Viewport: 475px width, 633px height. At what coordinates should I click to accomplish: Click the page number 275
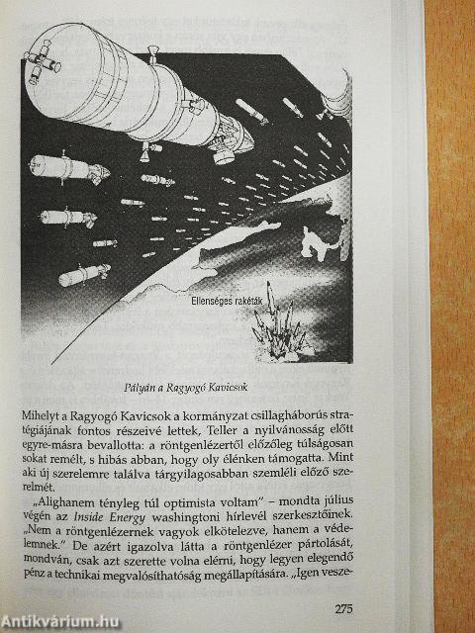(x=343, y=608)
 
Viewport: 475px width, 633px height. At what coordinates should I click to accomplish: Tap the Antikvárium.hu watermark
(x=60, y=622)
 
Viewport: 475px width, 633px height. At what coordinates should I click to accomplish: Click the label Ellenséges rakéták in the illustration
(x=227, y=301)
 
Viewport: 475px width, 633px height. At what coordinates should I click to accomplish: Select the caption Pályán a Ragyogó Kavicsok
(x=186, y=387)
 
